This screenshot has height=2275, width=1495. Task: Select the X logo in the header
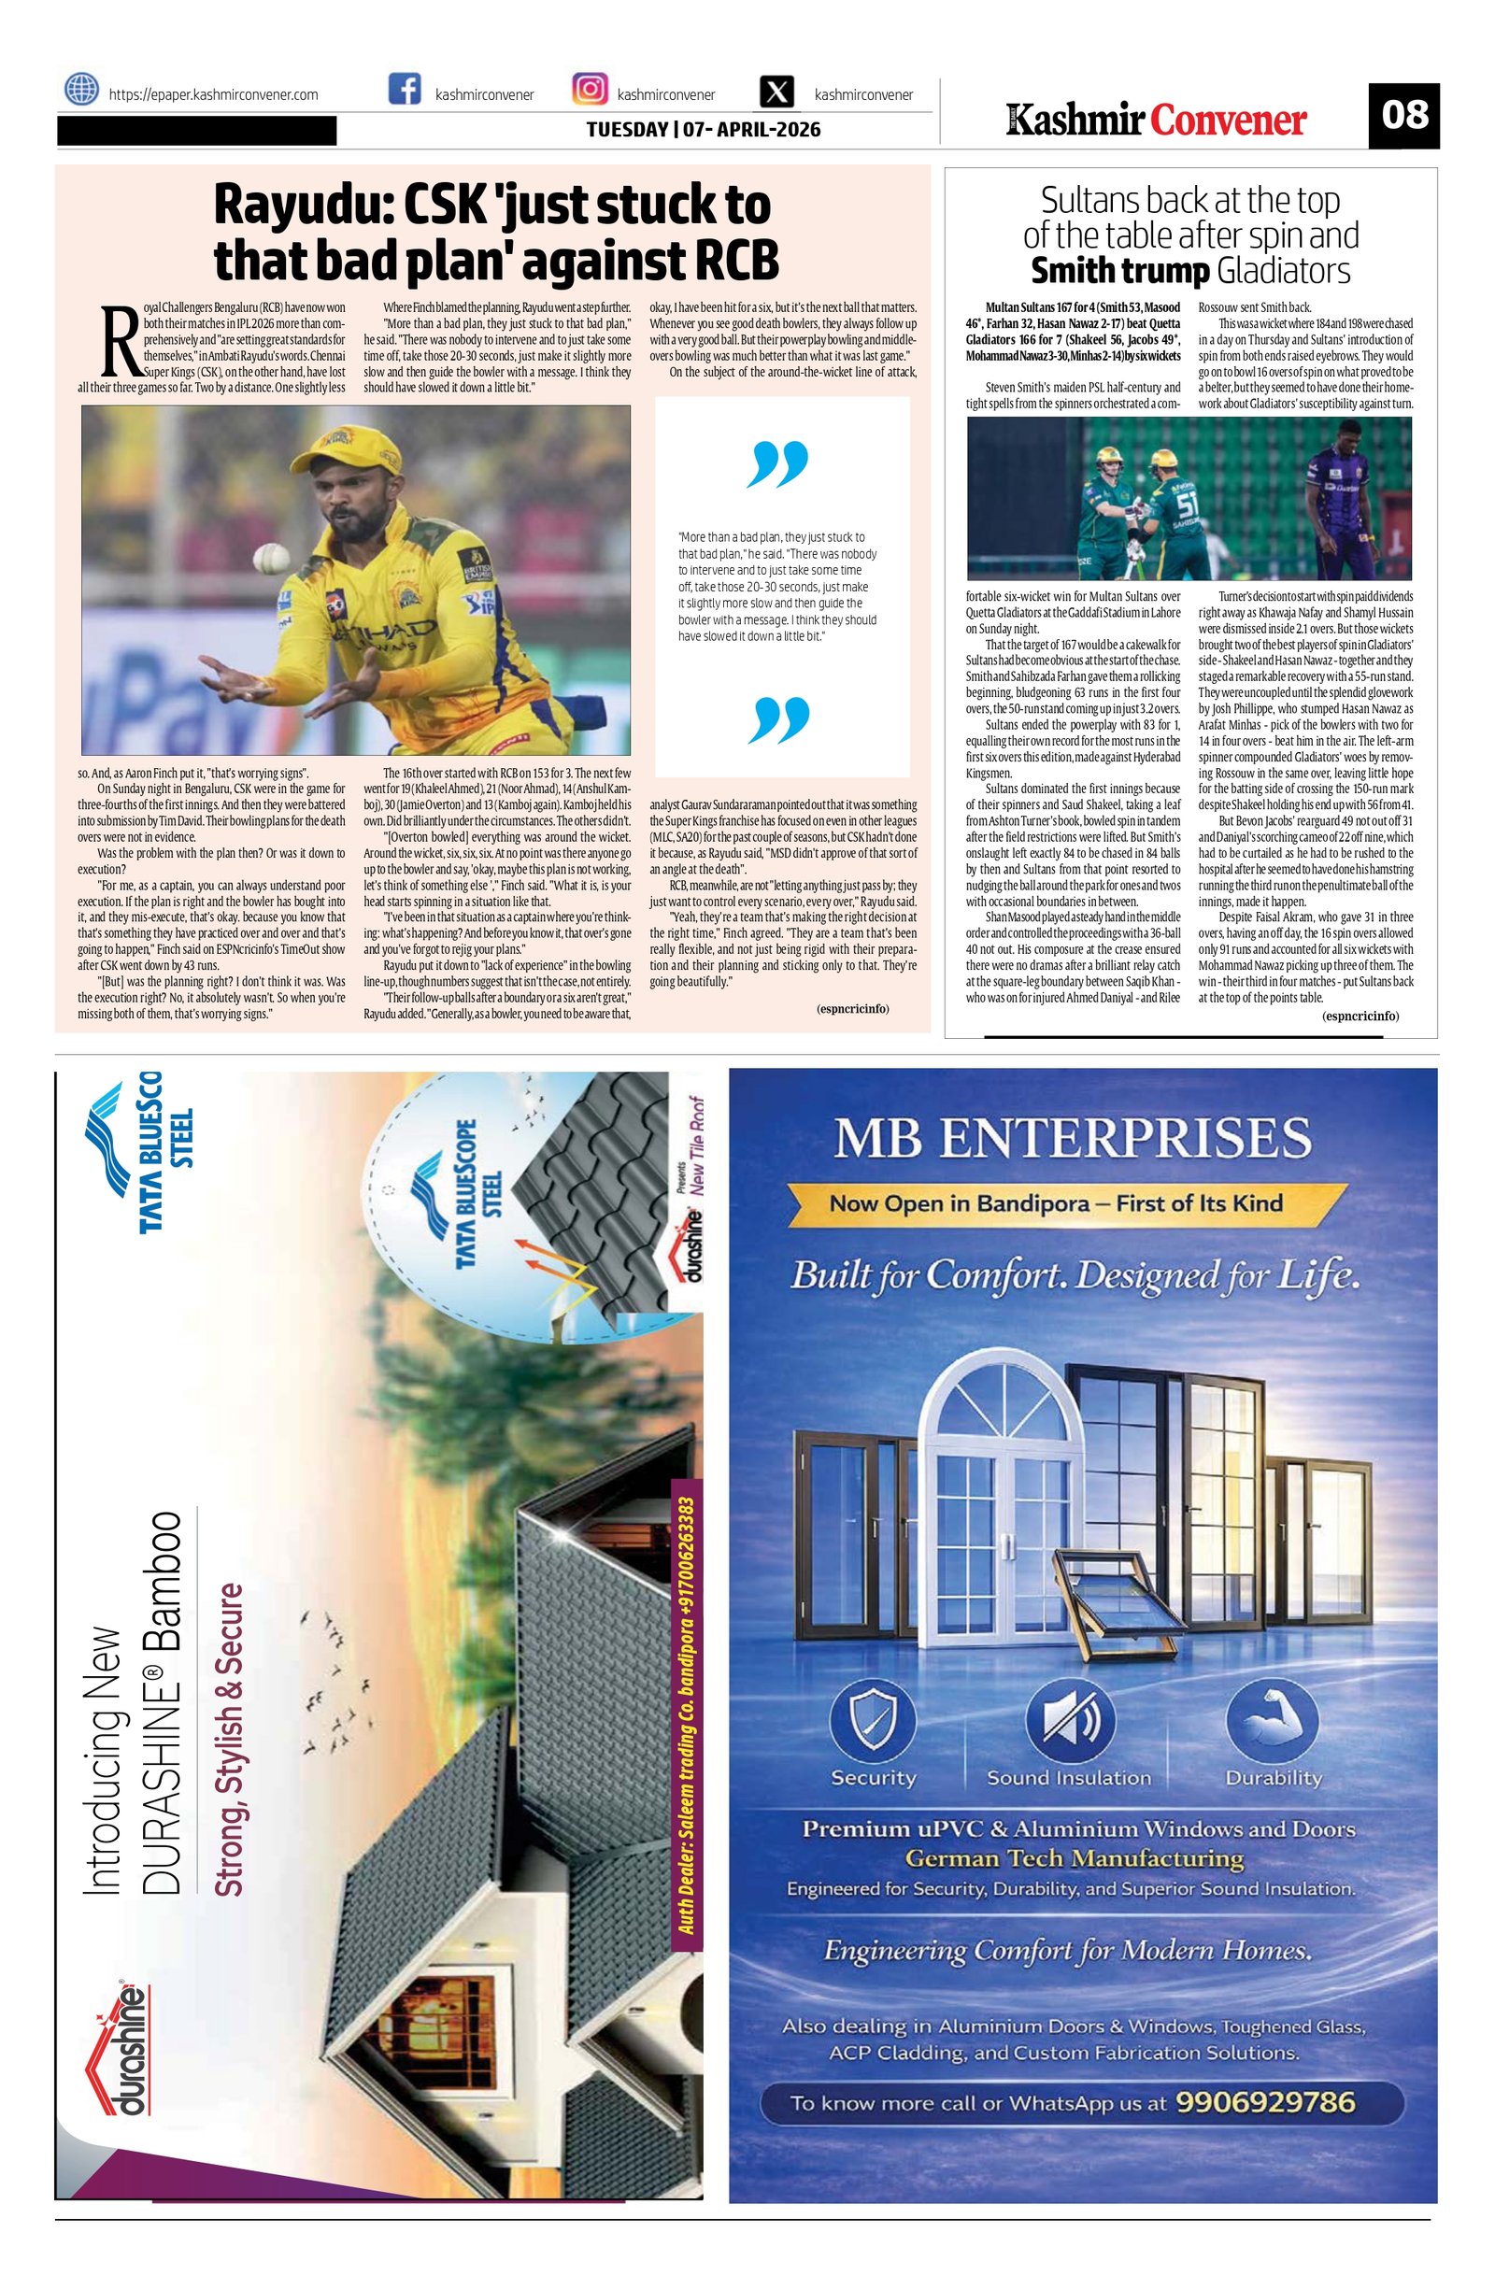point(778,92)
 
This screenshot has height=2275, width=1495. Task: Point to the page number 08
point(1403,116)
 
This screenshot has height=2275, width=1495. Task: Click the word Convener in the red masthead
point(1229,121)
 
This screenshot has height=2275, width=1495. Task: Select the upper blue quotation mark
point(780,463)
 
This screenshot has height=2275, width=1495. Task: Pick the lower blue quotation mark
point(780,718)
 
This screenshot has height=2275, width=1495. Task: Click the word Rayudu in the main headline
point(299,205)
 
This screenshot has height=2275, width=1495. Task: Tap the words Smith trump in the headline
point(1120,272)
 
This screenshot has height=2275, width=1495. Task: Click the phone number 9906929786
point(1265,2102)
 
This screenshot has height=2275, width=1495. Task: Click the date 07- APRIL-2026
point(748,129)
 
